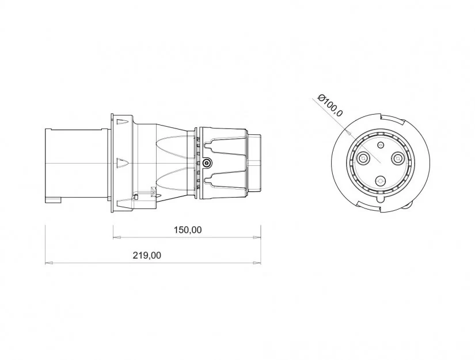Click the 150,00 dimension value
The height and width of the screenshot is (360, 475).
[x=188, y=230]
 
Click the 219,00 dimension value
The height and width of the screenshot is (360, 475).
[x=147, y=255]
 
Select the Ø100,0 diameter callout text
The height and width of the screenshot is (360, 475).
[x=330, y=105]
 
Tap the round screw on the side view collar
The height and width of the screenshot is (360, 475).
[x=207, y=163]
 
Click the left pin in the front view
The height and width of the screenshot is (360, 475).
[x=363, y=158]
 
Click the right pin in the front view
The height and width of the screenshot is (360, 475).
[x=397, y=158]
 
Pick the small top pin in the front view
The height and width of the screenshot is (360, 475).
[x=381, y=146]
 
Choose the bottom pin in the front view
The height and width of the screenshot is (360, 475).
[x=380, y=181]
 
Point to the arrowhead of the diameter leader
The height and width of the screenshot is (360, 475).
[x=349, y=133]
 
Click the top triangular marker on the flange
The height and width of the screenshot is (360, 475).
[x=123, y=122]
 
